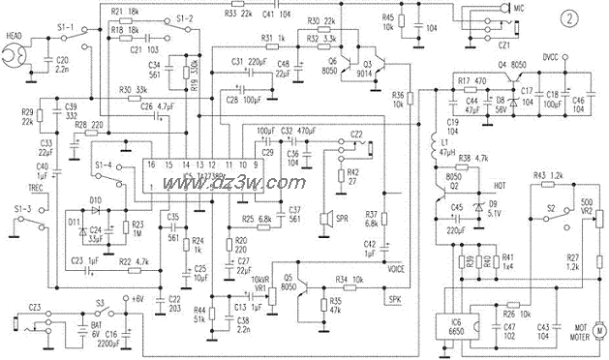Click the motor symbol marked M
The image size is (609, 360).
599,330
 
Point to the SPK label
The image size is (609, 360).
393,299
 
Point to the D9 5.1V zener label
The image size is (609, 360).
495,208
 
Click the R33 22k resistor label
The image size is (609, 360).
240,13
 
